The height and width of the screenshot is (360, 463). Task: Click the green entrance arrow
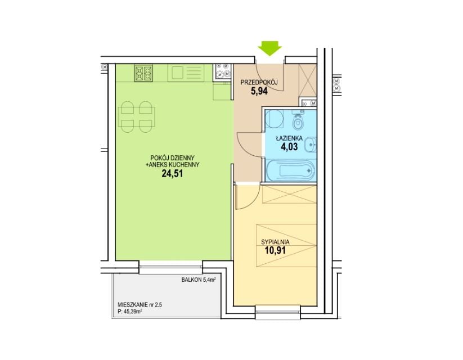click(270, 48)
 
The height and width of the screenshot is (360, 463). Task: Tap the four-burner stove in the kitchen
click(143, 74)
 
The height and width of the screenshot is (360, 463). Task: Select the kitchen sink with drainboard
click(186, 73)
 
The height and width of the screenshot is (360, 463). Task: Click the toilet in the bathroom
click(298, 121)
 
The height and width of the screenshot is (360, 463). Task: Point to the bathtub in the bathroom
click(290, 170)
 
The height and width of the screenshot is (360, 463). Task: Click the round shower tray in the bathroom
click(274, 119)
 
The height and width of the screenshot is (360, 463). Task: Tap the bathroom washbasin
click(310, 145)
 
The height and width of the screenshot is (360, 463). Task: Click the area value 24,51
click(172, 173)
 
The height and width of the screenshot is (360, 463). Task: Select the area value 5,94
click(259, 91)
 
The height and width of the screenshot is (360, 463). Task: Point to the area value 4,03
click(289, 147)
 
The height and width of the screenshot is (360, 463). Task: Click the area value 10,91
click(275, 251)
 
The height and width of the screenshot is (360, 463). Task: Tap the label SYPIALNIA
click(275, 242)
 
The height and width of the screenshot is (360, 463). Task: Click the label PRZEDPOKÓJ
click(259, 83)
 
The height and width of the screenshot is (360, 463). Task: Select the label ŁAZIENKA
click(289, 138)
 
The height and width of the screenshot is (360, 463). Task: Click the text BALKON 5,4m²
click(199, 280)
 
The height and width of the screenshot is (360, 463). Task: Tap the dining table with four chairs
click(136, 117)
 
